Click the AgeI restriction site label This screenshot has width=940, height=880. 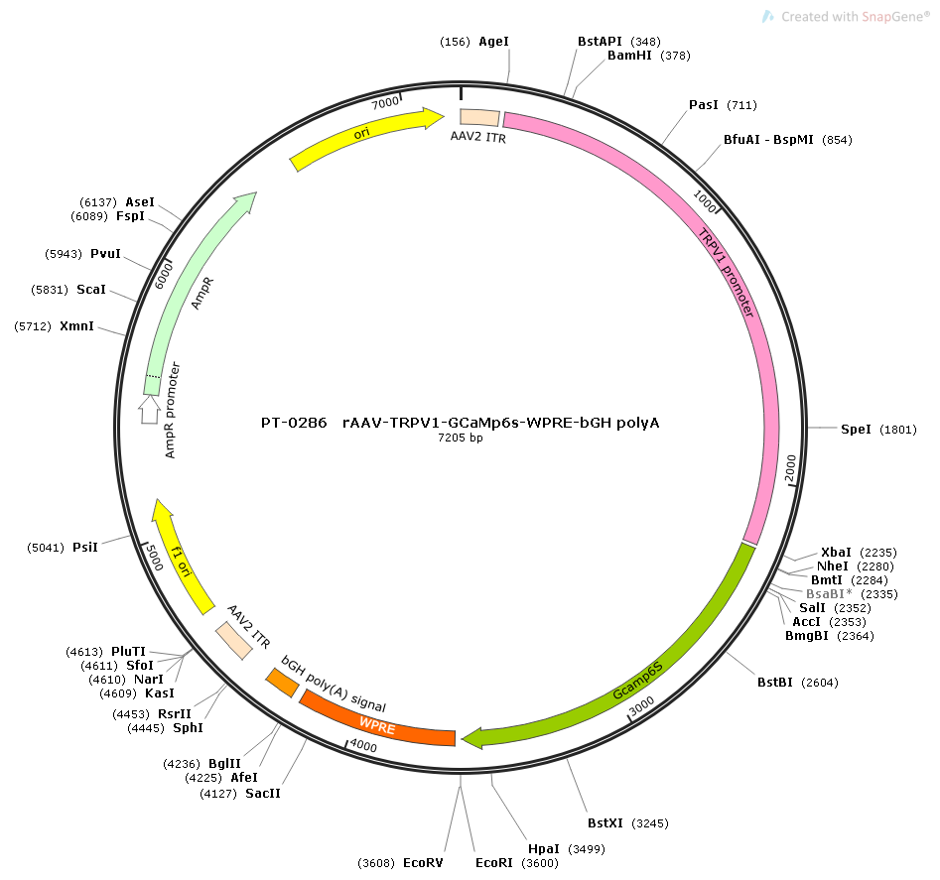click(493, 42)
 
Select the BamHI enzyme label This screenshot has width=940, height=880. click(629, 56)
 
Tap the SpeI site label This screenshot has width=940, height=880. click(856, 429)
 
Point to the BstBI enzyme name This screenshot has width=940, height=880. click(774, 683)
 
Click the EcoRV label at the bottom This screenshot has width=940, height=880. click(423, 862)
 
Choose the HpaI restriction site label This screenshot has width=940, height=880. click(544, 849)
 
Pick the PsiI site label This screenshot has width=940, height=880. click(85, 547)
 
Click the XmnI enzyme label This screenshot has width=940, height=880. click(76, 325)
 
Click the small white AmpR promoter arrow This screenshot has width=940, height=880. click(149, 410)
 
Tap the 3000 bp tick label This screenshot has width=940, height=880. click(641, 705)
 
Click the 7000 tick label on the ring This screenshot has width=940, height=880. click(385, 102)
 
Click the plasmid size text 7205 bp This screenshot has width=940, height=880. click(461, 438)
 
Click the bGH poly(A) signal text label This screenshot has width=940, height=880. click(334, 684)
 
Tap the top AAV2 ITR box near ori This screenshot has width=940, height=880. click(479, 118)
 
